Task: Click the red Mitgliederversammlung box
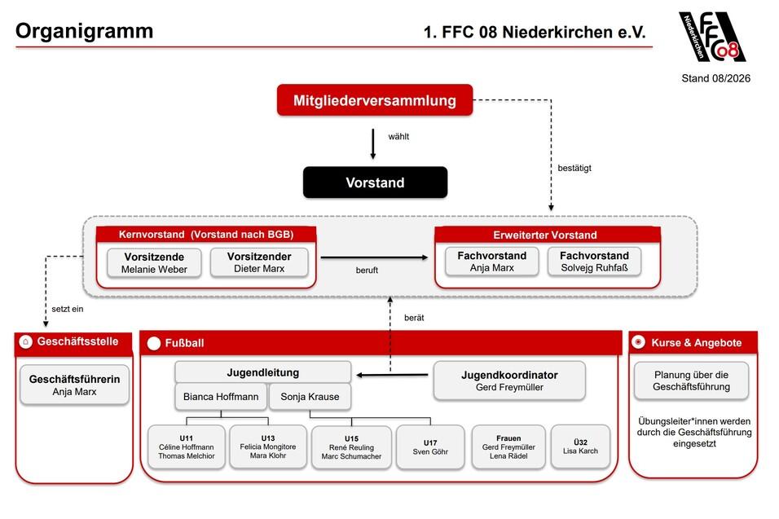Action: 375,100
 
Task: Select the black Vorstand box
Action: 375,183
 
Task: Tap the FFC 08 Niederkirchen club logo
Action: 712,37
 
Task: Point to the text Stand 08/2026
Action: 716,78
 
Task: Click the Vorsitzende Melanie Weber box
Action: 154,262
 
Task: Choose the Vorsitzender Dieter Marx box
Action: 259,262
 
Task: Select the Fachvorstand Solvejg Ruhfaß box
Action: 594,262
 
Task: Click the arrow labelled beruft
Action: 374,257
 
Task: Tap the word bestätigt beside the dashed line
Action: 574,168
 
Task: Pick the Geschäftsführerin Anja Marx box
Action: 74,385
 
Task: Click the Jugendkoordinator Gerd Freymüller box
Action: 509,380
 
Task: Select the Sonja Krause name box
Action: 310,396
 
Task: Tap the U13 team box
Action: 268,446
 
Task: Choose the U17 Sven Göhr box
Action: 430,447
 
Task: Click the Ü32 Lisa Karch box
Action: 580,446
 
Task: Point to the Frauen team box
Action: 508,447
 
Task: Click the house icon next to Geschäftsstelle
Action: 26,341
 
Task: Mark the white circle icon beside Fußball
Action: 154,343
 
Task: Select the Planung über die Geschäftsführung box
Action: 691,380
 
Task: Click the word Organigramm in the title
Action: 85,31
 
